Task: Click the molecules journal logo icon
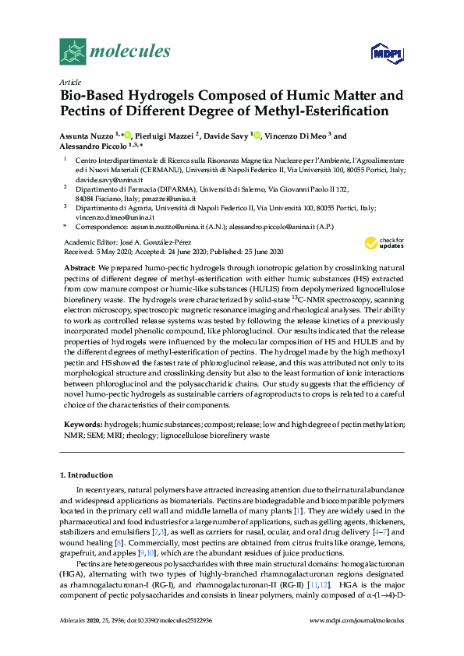(73, 51)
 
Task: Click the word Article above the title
(69, 81)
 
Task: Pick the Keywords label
(82, 424)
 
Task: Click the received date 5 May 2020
(114, 252)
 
